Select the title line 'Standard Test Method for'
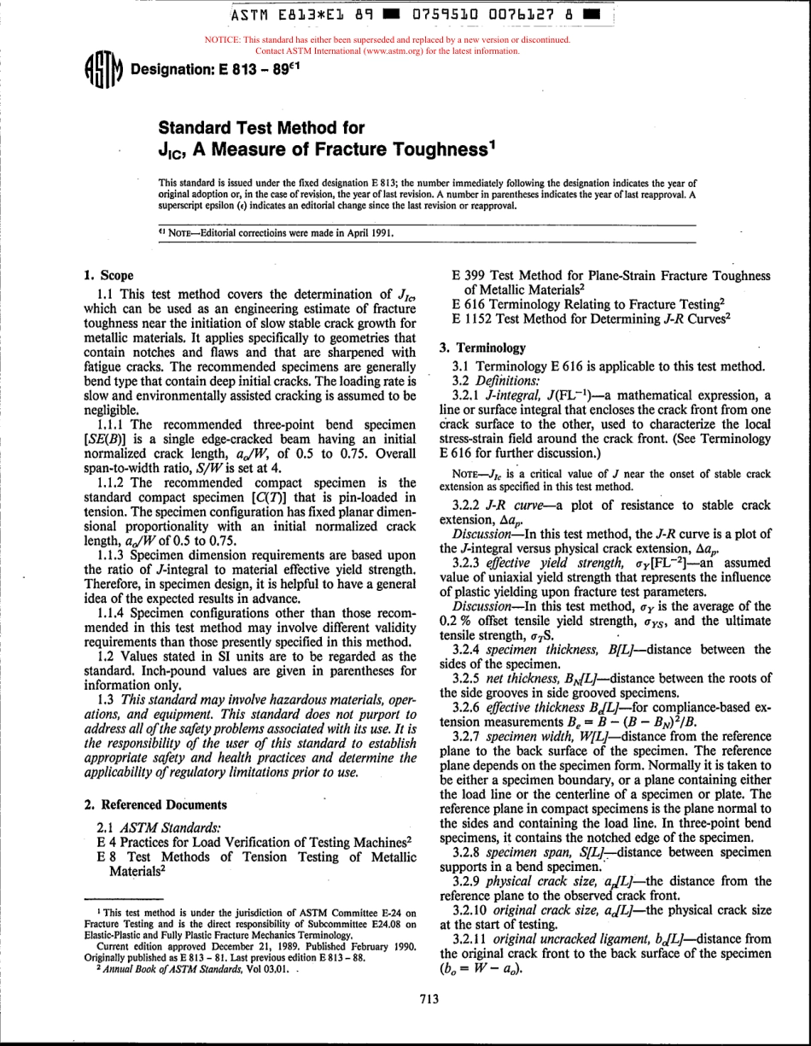(x=262, y=129)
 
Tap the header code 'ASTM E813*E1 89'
(x=289, y=15)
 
